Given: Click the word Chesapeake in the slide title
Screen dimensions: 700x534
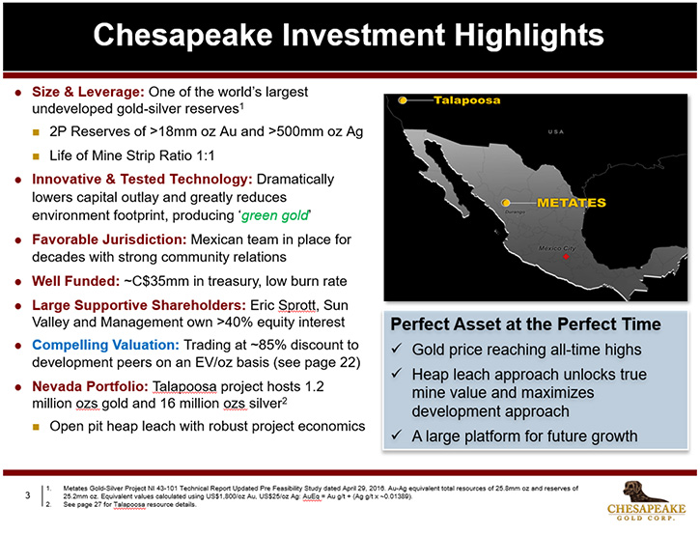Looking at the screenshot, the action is click(183, 35).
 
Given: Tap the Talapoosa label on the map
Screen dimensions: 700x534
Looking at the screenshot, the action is click(467, 100).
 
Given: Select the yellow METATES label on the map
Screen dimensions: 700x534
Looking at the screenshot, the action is click(572, 203).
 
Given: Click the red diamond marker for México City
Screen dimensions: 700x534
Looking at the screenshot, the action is click(566, 257).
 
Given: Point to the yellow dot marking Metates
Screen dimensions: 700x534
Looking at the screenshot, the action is click(506, 203).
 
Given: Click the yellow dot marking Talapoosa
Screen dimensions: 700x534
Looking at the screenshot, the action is click(403, 100).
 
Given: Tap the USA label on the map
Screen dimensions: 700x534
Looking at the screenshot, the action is click(556, 131).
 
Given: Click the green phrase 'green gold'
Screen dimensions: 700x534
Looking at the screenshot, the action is click(275, 215).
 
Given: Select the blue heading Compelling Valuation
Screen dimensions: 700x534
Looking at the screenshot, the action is click(105, 345).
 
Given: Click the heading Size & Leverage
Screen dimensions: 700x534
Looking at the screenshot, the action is click(88, 92).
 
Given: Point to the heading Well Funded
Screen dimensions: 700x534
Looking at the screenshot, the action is click(76, 281).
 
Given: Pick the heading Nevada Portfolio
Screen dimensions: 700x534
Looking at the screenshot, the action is click(90, 386).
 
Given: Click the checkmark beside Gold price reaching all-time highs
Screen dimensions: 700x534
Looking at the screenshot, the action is click(397, 349).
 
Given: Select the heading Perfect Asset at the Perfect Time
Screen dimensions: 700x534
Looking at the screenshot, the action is click(525, 324).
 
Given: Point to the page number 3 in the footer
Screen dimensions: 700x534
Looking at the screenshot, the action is click(28, 495).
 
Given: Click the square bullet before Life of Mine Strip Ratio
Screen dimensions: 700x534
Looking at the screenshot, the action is click(36, 156).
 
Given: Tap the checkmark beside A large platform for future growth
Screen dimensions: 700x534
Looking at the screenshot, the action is click(397, 436).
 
